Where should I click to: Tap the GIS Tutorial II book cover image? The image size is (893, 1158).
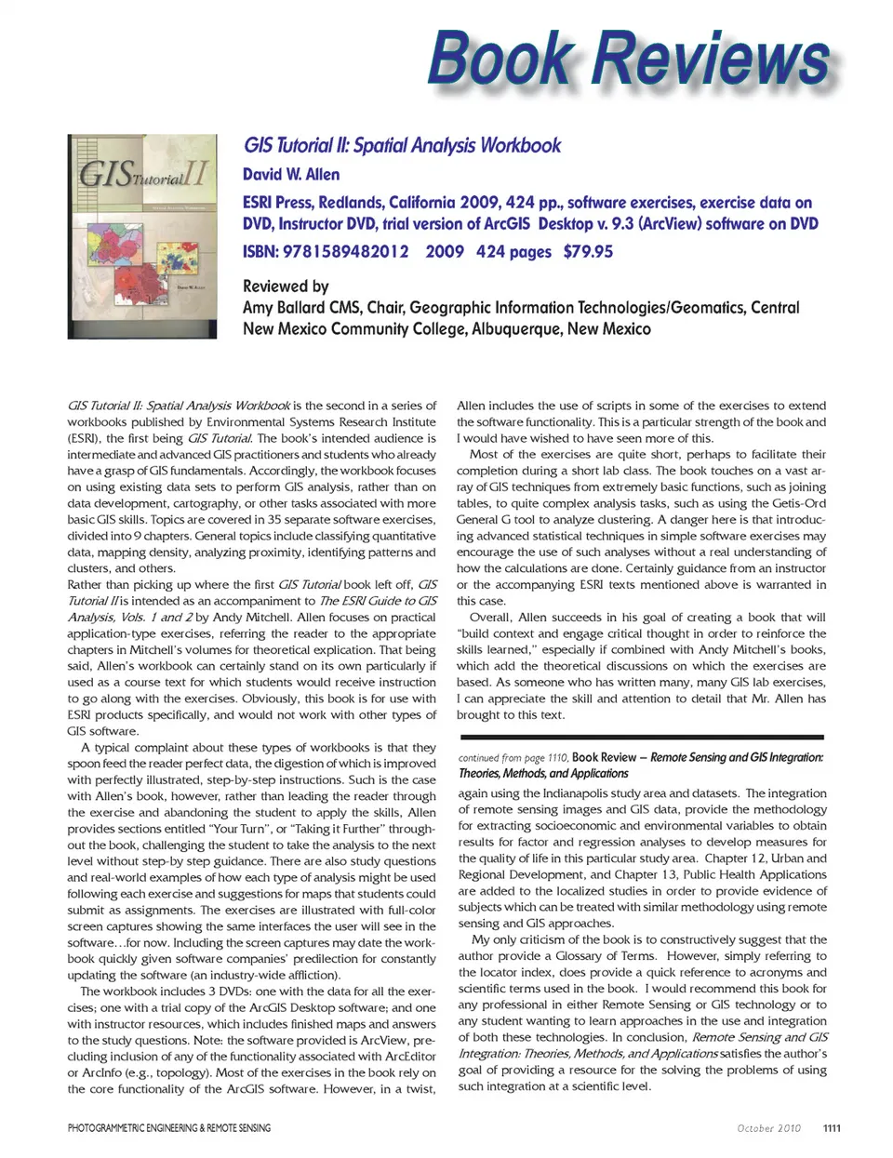[141, 236]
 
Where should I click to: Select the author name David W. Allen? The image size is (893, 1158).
[291, 174]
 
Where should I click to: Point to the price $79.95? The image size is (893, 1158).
[588, 251]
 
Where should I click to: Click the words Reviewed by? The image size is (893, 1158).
[286, 286]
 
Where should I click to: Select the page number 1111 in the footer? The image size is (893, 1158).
[832, 1128]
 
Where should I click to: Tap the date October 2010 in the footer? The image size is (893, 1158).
[768, 1128]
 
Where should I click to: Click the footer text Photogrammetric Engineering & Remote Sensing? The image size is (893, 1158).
[169, 1128]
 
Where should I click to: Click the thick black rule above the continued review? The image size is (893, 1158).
[642, 737]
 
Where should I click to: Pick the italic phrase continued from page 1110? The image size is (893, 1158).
[513, 758]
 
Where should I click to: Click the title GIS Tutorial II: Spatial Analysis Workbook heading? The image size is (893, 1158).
[402, 145]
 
